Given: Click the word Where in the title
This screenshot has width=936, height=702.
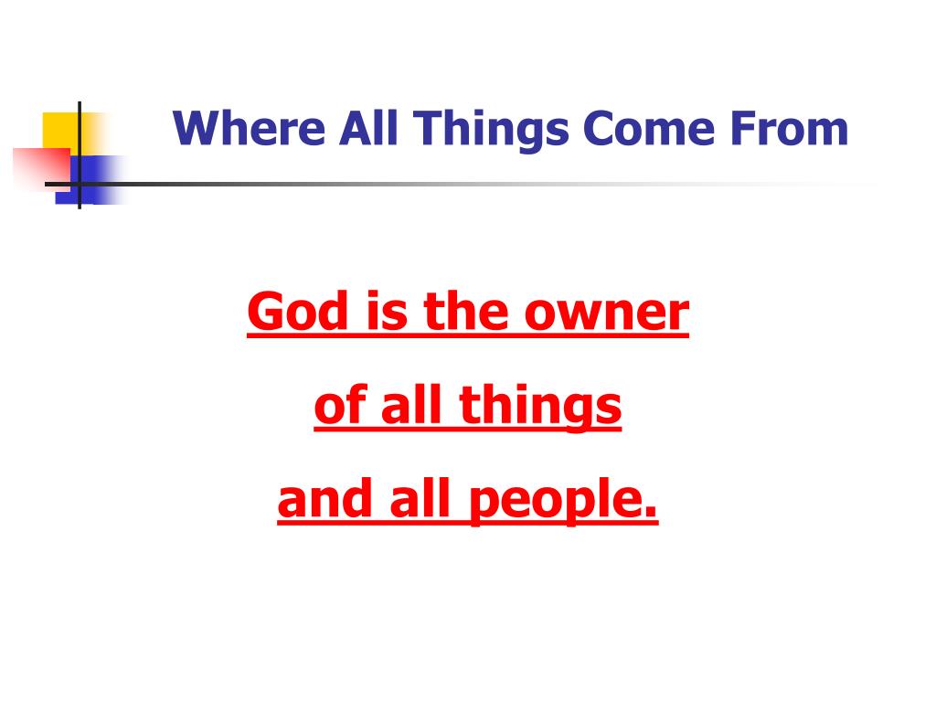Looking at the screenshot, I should click(250, 129).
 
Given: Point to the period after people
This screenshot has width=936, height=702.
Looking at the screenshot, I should click(651, 514).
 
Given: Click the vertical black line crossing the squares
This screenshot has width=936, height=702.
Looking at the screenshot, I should click(80, 119).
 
